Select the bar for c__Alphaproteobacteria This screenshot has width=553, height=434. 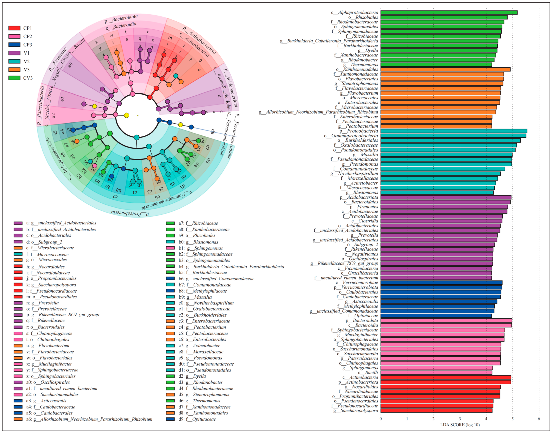tap(449, 12)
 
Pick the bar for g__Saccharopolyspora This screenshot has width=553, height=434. tap(436, 410)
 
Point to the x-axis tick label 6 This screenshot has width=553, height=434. tap(539, 419)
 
